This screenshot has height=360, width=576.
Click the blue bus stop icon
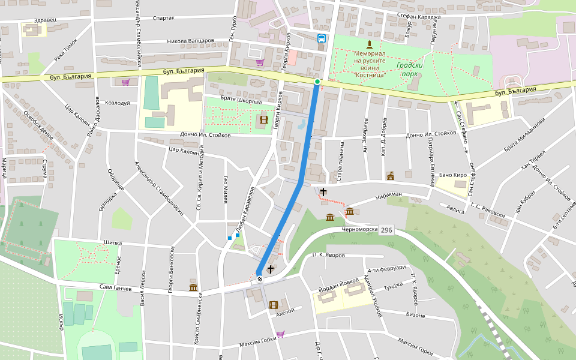pyautogui.click(x=322, y=39)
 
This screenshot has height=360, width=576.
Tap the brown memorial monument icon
pyautogui.click(x=370, y=44)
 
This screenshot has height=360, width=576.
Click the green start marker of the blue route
pyautogui.click(x=317, y=82)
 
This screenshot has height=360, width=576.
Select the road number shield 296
pyautogui.click(x=386, y=230)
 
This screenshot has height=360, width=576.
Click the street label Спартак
pyautogui.click(x=164, y=18)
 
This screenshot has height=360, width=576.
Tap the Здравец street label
pyautogui.click(x=45, y=19)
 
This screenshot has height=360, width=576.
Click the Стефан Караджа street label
pyautogui.click(x=418, y=17)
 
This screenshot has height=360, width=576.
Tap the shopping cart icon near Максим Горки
pyautogui.click(x=280, y=334)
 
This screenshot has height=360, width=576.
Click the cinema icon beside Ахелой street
pyautogui.click(x=274, y=305)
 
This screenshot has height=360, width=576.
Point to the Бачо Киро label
pyautogui.click(x=453, y=175)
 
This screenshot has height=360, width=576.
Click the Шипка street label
pyautogui.click(x=113, y=243)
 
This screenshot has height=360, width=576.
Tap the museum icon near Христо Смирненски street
pyautogui.click(x=193, y=287)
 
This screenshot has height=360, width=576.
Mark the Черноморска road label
pyautogui.click(x=360, y=229)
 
